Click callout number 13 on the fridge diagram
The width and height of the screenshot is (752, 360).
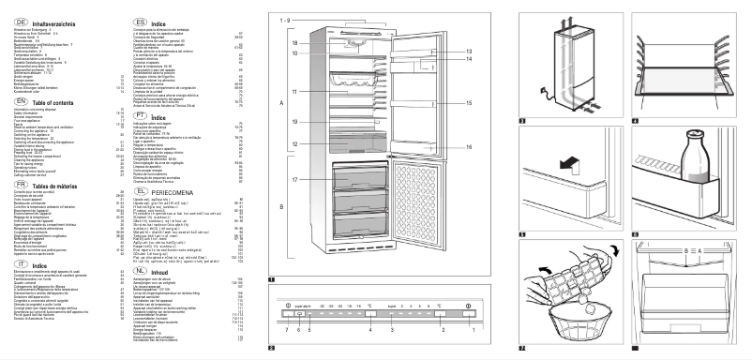pyautogui.click(x=467, y=51)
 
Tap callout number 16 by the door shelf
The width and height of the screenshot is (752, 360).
pyautogui.click(x=467, y=148)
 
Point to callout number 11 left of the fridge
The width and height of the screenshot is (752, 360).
pyautogui.click(x=295, y=92)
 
